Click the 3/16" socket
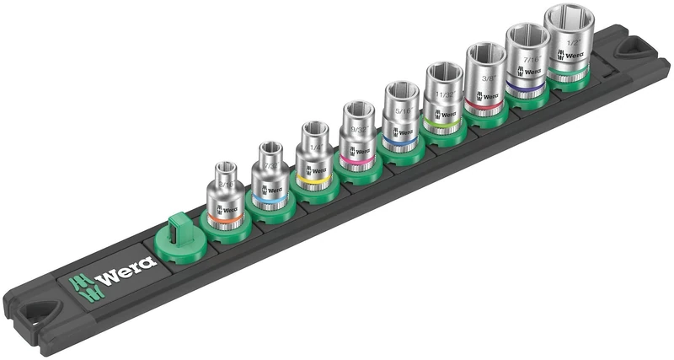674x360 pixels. point(225,196)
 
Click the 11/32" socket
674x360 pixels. point(442,99)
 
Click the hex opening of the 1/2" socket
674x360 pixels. point(569,19)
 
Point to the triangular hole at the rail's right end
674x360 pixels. point(635,50)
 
